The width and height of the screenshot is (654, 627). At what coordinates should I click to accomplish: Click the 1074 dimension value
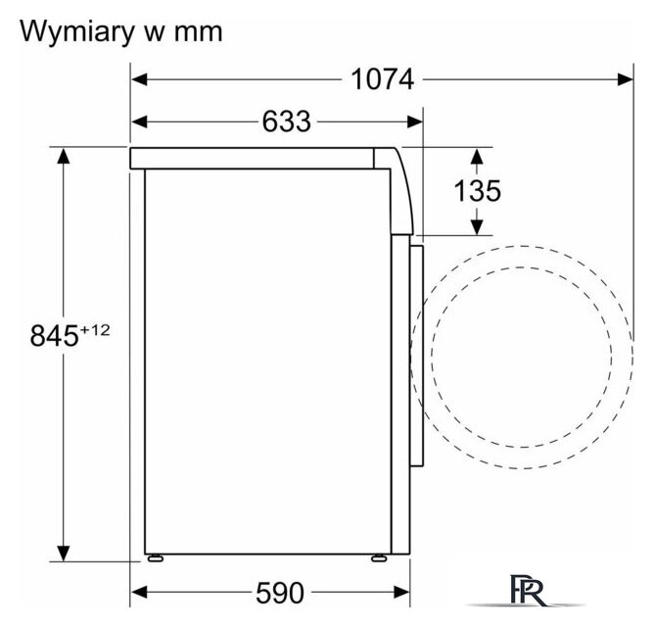point(383,79)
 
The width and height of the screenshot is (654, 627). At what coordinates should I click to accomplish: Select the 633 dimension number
point(287,121)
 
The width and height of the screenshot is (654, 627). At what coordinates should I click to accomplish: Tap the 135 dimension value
point(477,191)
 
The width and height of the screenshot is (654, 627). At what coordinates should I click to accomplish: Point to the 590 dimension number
point(280,593)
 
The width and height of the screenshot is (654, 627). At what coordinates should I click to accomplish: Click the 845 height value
point(54,336)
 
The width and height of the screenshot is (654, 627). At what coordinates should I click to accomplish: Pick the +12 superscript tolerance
point(95,330)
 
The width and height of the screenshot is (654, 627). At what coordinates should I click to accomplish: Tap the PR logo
point(527,591)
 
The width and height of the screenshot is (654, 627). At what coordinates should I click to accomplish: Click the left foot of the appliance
point(155,558)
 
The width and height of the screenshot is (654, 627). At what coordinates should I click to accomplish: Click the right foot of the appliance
point(379,558)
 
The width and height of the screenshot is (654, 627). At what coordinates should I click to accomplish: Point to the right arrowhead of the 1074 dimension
point(625,79)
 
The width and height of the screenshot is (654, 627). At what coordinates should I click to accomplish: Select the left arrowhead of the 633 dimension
point(139,121)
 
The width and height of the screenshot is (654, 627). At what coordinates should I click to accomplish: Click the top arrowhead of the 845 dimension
point(63,156)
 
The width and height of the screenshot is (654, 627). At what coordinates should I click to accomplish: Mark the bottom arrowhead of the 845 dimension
point(63,554)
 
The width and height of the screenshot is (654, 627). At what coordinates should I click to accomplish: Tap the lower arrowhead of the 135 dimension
point(477,227)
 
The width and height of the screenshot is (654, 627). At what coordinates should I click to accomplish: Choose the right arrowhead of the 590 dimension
point(401,592)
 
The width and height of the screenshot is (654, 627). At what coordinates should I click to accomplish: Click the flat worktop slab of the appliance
point(252,158)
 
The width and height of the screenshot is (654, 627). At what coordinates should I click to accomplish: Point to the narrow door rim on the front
point(416,356)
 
